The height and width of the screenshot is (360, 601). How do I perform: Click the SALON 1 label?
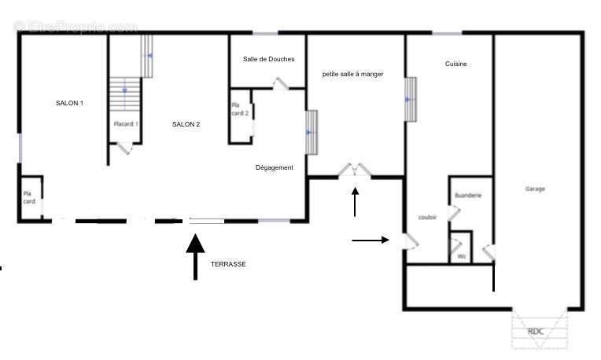pos(69,103)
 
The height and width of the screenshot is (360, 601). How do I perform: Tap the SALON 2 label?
pos(186,124)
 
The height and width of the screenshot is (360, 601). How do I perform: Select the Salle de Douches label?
pos(269,59)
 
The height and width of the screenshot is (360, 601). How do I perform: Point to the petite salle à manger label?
pos(352,75)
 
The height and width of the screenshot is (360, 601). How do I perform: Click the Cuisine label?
pos(455,64)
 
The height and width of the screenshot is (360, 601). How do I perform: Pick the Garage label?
pos(535,189)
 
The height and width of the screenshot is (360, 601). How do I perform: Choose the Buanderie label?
pos(468,195)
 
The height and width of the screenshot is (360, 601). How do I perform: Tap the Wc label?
pos(462,256)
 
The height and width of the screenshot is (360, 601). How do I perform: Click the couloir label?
pos(427,218)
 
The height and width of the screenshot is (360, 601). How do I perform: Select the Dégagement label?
pos(275,167)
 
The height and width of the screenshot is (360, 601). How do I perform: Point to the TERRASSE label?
pos(228,264)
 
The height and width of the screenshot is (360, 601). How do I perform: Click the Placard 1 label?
pos(126,124)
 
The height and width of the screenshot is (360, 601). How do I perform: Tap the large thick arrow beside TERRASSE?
pos(195,257)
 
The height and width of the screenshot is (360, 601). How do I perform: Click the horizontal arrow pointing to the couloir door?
pos(371,240)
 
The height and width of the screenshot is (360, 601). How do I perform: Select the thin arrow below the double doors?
pos(355,202)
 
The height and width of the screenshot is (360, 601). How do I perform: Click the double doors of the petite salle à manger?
pos(355,170)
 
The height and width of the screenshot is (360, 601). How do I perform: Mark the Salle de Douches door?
pos(281,84)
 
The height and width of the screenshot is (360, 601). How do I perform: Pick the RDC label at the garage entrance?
pos(536,332)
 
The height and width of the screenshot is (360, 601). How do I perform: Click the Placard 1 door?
pos(124,148)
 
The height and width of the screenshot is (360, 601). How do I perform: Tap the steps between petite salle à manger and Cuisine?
pos(411,100)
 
